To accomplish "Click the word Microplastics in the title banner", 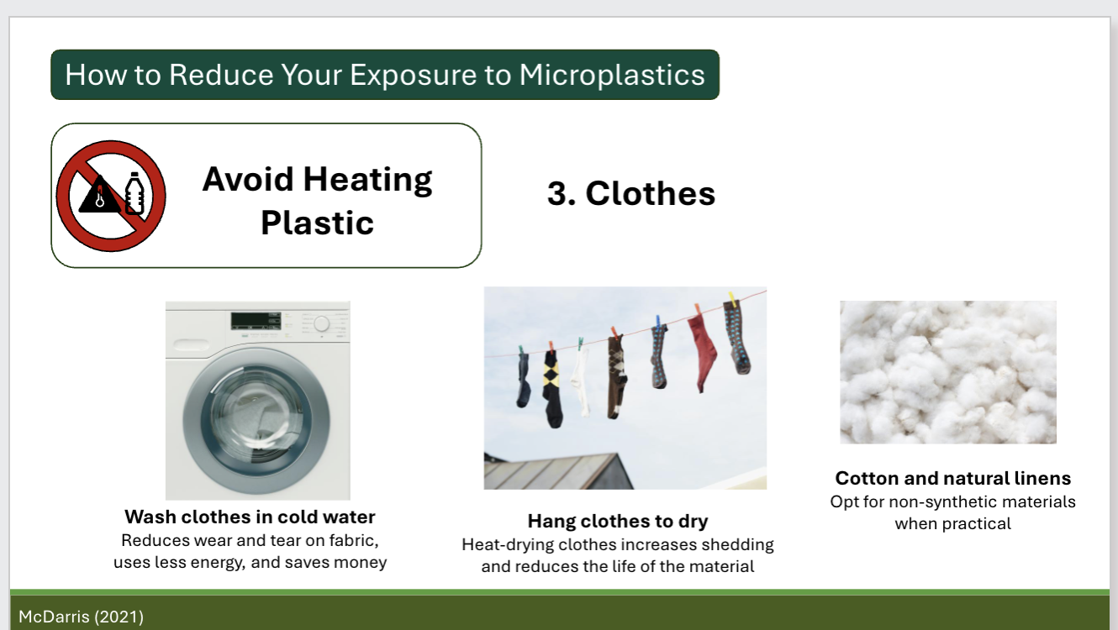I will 611,75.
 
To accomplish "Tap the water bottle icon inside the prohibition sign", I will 134,195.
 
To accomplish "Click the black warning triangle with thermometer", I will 99,196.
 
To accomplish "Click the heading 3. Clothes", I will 630,193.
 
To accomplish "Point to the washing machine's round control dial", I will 321,324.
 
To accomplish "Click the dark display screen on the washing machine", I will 254,320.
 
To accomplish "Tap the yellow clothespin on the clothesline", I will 733,298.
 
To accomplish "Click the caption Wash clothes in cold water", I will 250,517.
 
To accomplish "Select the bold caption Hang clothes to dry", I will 617,521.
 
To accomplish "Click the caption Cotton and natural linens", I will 952,478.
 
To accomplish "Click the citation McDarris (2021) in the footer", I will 81,617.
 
